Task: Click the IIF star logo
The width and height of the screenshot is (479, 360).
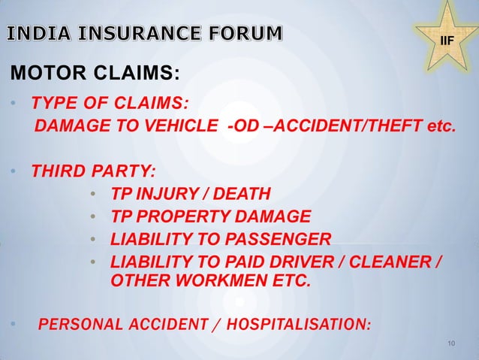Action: tap(445, 35)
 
